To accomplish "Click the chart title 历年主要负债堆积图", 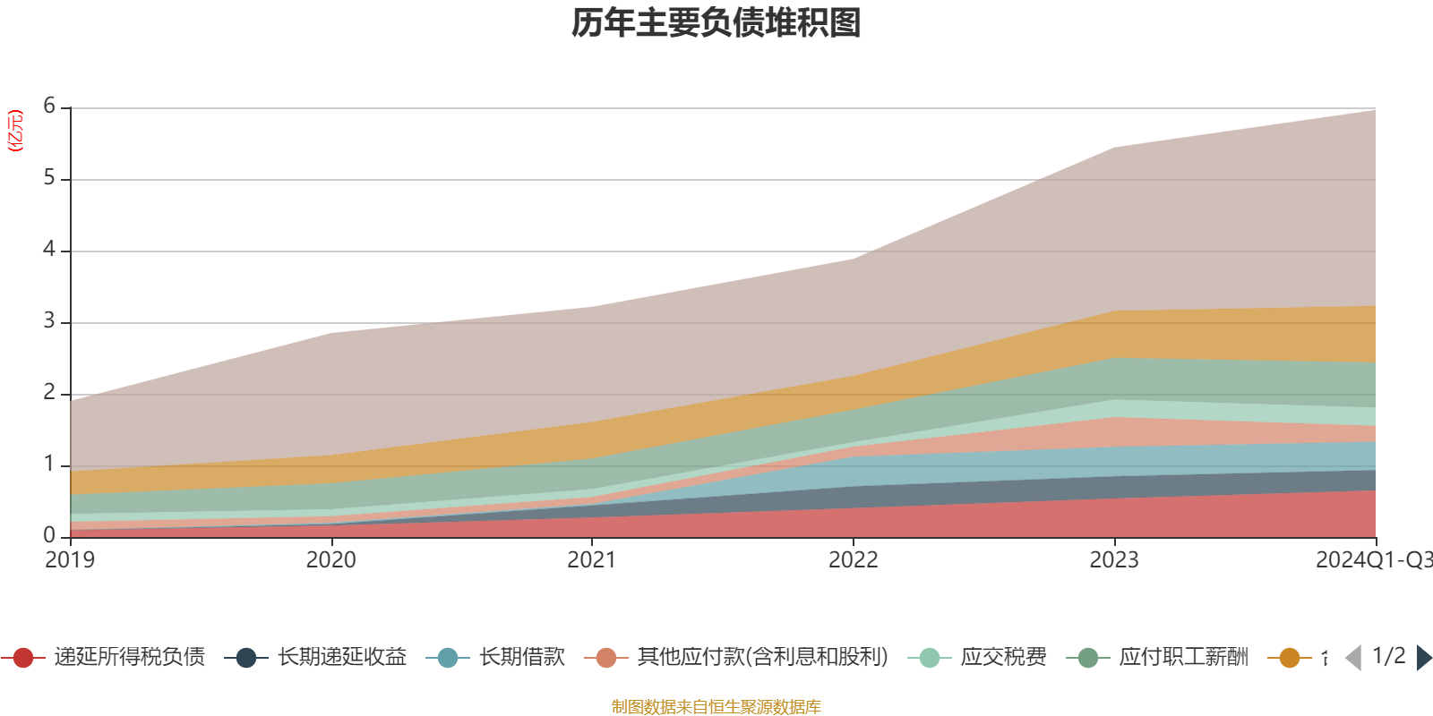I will tap(716, 23).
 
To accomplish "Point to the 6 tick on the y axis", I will tap(49, 107).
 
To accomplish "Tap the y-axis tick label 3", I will tap(49, 321).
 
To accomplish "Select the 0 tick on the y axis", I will tap(49, 535).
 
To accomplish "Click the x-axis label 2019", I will tap(70, 560).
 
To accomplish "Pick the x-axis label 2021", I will tap(592, 560).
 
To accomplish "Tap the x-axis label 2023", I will tap(1114, 560).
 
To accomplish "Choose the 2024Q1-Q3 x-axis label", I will tap(1372, 560).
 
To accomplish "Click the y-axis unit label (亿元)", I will tap(15, 131).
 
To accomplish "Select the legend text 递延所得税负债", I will tap(130, 658).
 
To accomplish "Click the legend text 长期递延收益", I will tap(342, 658).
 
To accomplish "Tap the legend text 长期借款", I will tap(522, 658).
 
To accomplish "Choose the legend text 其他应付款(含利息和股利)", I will tap(763, 658).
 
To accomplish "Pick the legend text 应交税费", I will tap(1004, 658).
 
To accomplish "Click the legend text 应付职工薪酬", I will tap(1184, 658).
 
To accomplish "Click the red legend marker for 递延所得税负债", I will tap(23, 658).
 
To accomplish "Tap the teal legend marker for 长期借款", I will tap(448, 658).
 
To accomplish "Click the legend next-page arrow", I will tap(1423, 658).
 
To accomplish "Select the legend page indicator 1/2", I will tap(1388, 656).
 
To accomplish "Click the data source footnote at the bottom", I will tap(716, 707).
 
